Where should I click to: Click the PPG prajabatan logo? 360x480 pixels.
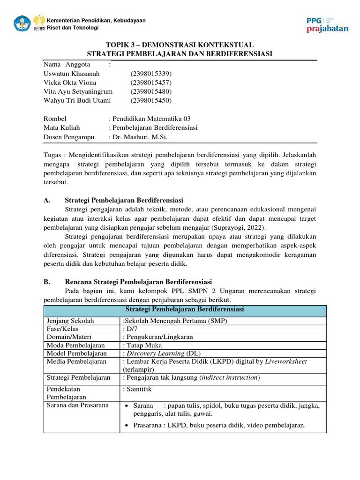[x=327, y=25]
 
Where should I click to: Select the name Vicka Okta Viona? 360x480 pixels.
[x=70, y=82]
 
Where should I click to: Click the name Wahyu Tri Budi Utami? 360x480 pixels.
[x=77, y=100]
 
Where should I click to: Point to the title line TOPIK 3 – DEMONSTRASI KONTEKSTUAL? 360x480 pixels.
[x=180, y=45]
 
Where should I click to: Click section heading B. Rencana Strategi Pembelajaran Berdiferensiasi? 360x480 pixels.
[x=138, y=282]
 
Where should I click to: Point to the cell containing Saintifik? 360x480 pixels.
[x=139, y=389]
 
